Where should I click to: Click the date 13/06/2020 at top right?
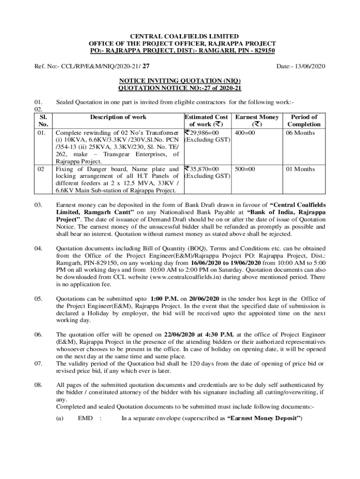(x=309, y=66)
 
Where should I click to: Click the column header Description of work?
(x=118, y=117)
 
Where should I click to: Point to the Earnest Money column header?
(x=257, y=117)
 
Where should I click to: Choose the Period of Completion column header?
(x=304, y=121)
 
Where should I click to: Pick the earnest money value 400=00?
(x=245, y=132)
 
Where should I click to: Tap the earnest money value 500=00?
(x=245, y=168)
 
